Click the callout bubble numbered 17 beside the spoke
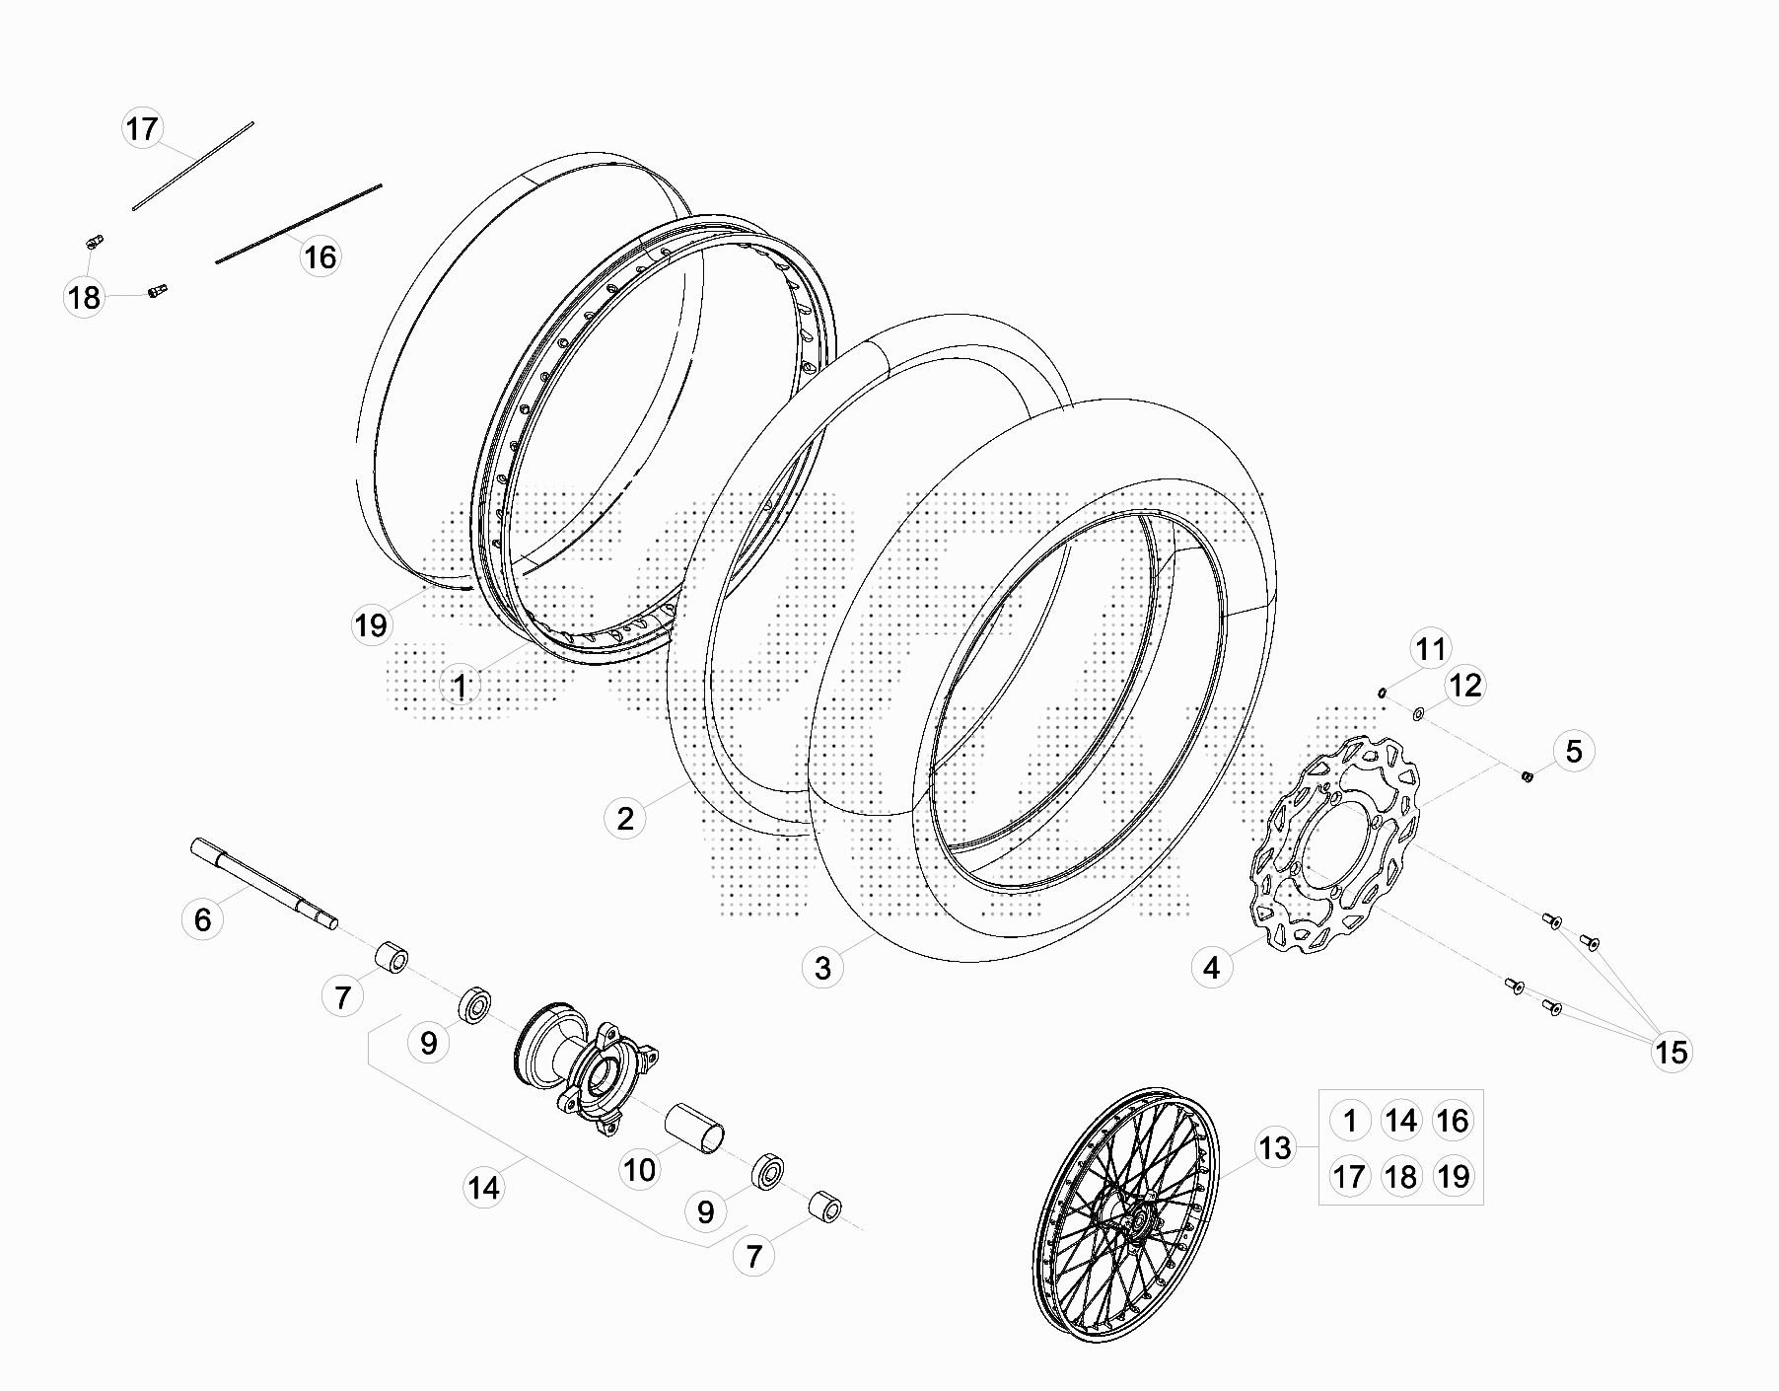142,128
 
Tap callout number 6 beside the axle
202,919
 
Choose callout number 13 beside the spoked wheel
1274,1147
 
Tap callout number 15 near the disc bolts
1672,1052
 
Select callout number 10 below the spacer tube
639,1169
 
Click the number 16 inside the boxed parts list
1453,1120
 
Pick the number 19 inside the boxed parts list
1453,1175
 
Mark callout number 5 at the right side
1573,751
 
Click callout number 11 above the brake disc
1430,649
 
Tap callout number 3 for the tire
822,967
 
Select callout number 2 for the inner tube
625,818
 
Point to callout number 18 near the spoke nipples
85,296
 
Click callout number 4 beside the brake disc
1211,968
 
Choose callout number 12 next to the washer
1465,685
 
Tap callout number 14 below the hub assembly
483,1187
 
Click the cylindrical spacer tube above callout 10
695,1127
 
